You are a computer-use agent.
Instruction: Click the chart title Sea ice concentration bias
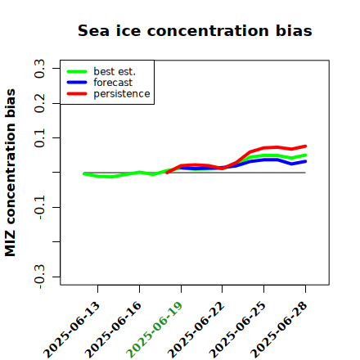(195, 30)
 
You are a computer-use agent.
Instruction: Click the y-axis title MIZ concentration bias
(11, 173)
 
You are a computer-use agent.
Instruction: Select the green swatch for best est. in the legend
(77, 71)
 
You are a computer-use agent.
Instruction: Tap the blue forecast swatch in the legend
(77, 83)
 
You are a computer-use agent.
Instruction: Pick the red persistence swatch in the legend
(77, 93)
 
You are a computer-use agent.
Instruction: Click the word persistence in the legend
(122, 94)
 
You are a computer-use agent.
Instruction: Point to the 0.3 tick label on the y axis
(39, 69)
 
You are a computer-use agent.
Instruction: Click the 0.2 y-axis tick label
(39, 103)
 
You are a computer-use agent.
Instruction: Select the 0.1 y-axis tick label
(39, 138)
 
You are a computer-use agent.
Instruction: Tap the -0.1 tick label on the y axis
(39, 208)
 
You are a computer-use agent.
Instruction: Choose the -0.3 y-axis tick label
(39, 277)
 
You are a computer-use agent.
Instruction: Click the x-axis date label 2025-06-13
(72, 330)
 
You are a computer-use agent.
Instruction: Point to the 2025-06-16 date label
(113, 330)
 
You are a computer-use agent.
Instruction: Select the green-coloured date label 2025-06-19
(155, 330)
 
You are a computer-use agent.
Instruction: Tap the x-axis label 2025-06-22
(196, 330)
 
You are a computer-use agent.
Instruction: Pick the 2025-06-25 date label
(237, 330)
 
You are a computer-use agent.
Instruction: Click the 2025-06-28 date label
(279, 330)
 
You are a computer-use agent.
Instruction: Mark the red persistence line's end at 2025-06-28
(305, 146)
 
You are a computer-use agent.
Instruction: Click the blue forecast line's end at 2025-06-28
(305, 161)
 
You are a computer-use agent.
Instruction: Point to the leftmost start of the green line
(84, 173)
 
